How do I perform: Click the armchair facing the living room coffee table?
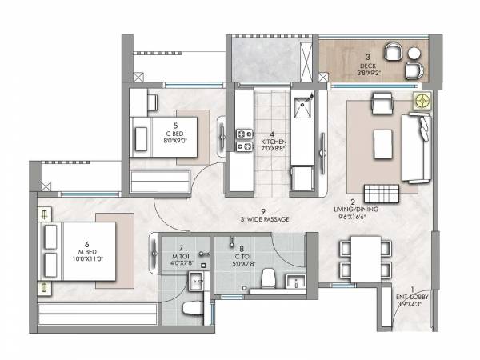pos(382,103)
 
